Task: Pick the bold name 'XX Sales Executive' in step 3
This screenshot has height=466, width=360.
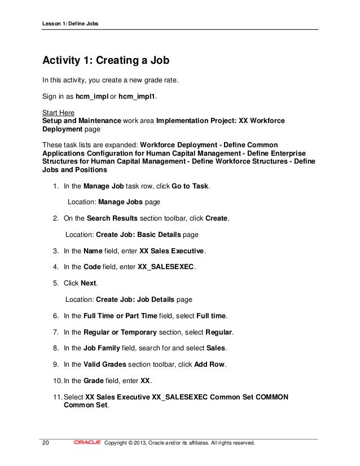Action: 172,250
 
